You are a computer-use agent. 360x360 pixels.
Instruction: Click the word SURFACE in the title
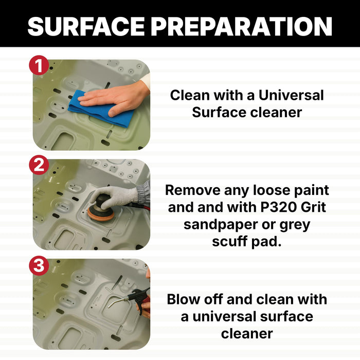86,26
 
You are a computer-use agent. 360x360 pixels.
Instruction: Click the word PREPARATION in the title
241,26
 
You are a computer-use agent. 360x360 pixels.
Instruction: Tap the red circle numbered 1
39,65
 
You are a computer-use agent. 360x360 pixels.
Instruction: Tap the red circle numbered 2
39,165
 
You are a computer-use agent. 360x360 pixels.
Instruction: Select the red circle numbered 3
39,266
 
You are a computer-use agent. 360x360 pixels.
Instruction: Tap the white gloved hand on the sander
115,196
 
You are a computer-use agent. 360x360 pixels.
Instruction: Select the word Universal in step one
291,95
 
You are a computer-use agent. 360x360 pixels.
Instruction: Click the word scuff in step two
229,241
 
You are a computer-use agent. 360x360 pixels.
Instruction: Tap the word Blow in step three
183,299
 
